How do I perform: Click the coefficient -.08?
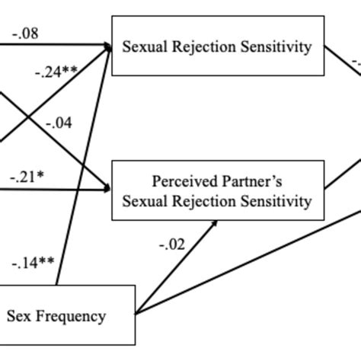pos(25,33)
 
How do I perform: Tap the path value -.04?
pos(60,123)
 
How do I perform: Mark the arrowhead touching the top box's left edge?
pos(107,47)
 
